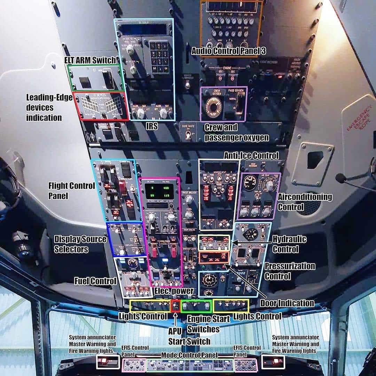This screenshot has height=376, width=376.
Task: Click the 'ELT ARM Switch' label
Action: pos(90,60)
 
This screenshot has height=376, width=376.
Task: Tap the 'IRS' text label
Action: pos(151,127)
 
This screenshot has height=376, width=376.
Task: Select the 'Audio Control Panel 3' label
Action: pos(229,51)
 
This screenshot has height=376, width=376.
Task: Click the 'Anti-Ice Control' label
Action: pos(251,155)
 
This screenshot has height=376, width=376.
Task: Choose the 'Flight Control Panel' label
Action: pos(71,190)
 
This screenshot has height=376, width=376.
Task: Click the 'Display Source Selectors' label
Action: pos(80,244)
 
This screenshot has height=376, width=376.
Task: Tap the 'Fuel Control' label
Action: pos(95,281)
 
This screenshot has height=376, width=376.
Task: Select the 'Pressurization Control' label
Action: pos(290,271)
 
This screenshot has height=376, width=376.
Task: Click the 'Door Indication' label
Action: pos(287,303)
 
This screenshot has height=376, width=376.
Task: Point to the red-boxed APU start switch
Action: pos(176,306)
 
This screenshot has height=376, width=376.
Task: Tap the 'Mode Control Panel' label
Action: pos(189,355)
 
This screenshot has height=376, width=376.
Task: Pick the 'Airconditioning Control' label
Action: pos(305,202)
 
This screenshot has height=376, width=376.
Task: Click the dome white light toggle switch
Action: pos(188,135)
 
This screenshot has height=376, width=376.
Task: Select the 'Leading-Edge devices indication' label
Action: pos(44,107)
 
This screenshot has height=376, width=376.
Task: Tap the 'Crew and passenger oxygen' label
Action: pos(236,132)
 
